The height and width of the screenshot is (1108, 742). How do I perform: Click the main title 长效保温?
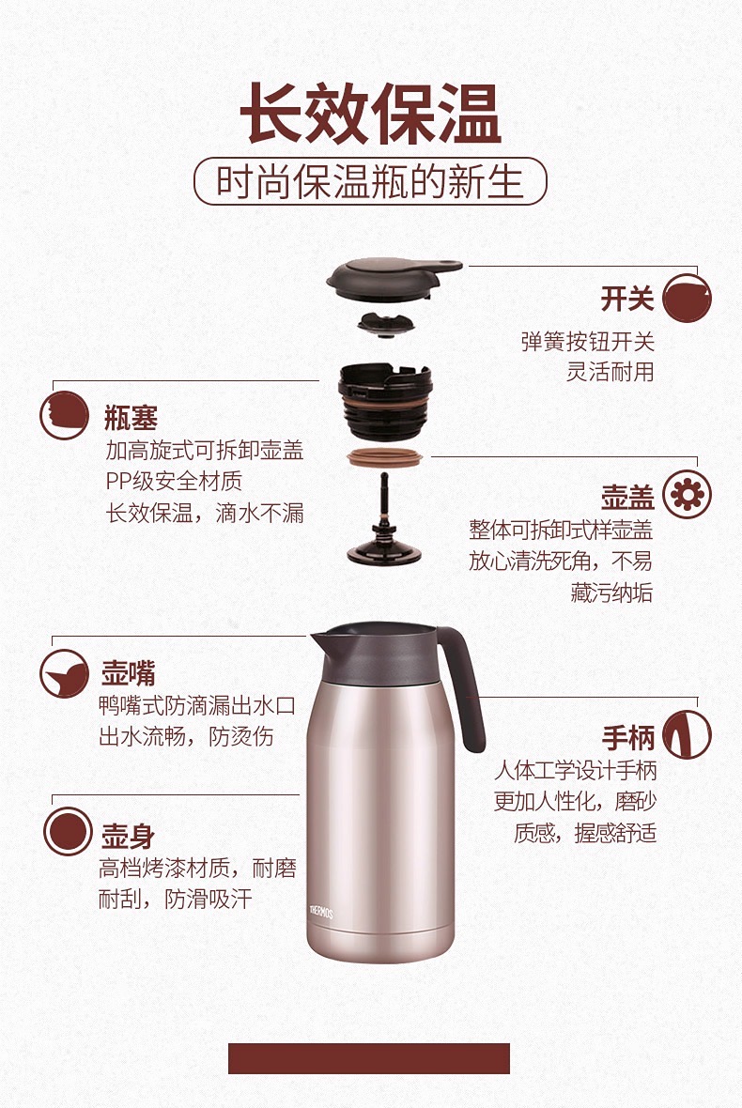(370, 114)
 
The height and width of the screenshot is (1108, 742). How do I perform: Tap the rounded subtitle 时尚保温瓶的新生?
(370, 181)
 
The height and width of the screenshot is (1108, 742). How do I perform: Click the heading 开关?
(627, 299)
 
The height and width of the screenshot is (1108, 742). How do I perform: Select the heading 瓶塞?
(131, 418)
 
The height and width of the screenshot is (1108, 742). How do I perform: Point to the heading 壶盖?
(627, 497)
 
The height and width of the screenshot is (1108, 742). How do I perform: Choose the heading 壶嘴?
(128, 672)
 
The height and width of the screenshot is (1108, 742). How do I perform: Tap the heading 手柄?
(628, 738)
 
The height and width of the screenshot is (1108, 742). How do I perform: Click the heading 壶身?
(128, 836)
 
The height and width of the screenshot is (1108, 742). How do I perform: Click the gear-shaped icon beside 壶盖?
(687, 495)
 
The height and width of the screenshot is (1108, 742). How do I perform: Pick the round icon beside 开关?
(687, 298)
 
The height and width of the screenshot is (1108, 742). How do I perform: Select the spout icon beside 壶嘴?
(64, 674)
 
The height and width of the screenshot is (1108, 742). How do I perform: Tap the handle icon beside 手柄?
(687, 735)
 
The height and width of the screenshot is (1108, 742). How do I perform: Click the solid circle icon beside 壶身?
(68, 832)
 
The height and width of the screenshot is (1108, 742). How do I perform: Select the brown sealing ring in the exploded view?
(384, 456)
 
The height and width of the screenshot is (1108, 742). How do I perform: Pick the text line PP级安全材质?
(174, 481)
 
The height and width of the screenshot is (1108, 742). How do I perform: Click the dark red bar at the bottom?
(369, 1058)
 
